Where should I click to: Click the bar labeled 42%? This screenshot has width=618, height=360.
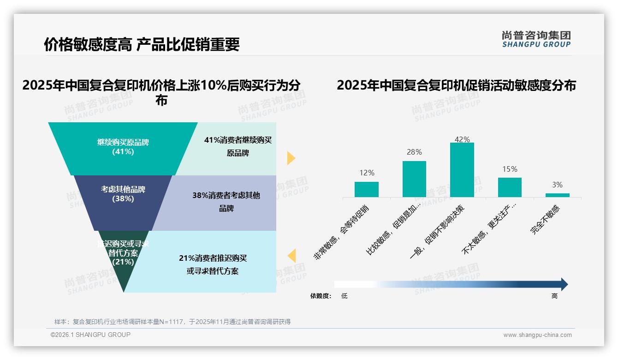pyautogui.click(x=462, y=170)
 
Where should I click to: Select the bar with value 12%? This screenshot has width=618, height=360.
pyautogui.click(x=366, y=189)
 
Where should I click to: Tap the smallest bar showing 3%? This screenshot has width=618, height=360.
pyautogui.click(x=557, y=195)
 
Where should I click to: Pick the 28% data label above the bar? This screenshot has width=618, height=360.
pyautogui.click(x=414, y=152)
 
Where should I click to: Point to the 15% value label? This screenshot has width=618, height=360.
pyautogui.click(x=510, y=169)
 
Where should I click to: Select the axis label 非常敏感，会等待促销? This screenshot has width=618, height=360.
pyautogui.click(x=342, y=233)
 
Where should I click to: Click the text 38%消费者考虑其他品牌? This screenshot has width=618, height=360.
pyautogui.click(x=226, y=202)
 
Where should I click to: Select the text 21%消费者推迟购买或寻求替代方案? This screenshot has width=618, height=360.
pyautogui.click(x=213, y=264)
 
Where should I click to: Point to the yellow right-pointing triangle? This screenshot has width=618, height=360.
pyautogui.click(x=291, y=158)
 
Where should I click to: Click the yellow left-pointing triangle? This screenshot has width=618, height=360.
pyautogui.click(x=291, y=256)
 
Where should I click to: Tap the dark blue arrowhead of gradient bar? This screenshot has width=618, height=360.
pyautogui.click(x=564, y=284)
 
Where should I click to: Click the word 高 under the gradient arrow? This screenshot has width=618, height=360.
pyautogui.click(x=554, y=296)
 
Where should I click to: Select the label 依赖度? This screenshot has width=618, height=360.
pyautogui.click(x=321, y=296)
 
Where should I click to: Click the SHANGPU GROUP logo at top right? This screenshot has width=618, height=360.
pyautogui.click(x=536, y=39)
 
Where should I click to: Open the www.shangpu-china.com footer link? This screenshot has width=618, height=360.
pyautogui.click(x=537, y=335)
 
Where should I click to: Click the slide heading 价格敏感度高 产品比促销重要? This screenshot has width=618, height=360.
pyautogui.click(x=142, y=44)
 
